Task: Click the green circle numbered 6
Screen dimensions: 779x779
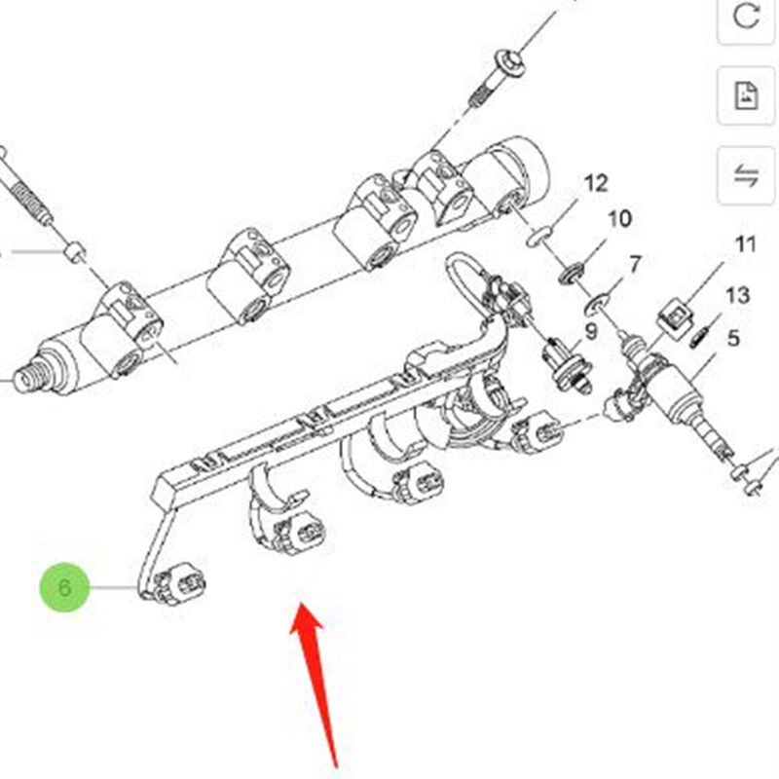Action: pyautogui.click(x=64, y=587)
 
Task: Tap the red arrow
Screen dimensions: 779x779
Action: pyautogui.click(x=314, y=686)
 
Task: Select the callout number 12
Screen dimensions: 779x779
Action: pyautogui.click(x=596, y=183)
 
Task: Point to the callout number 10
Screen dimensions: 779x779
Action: pyautogui.click(x=619, y=218)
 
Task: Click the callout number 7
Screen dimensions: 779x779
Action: pyautogui.click(x=636, y=265)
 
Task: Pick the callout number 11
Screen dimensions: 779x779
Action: pyautogui.click(x=745, y=244)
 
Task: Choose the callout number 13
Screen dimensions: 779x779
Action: pyautogui.click(x=737, y=296)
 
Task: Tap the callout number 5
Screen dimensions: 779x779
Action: pyautogui.click(x=733, y=338)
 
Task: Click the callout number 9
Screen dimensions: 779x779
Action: pyautogui.click(x=591, y=331)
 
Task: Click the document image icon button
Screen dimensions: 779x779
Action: pyautogui.click(x=746, y=95)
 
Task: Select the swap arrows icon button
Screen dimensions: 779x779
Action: pyautogui.click(x=746, y=175)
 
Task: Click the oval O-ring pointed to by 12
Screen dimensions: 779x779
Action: pyautogui.click(x=539, y=236)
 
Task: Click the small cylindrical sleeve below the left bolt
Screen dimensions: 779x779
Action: pyautogui.click(x=75, y=252)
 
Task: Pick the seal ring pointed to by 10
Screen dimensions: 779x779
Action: pyautogui.click(x=572, y=274)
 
